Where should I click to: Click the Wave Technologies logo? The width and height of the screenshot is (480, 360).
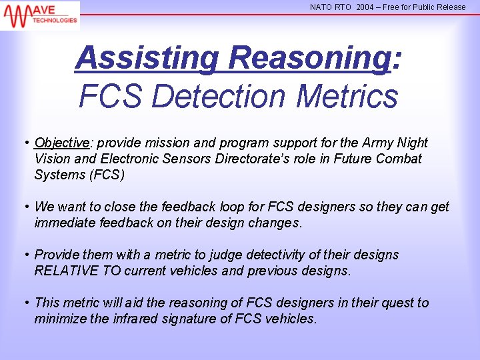(x=40, y=15)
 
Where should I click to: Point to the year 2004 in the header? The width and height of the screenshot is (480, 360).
(x=365, y=7)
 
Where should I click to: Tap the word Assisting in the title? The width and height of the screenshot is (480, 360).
(x=146, y=58)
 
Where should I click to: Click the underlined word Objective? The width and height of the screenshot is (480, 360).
(x=62, y=143)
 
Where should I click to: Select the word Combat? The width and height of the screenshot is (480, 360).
(x=399, y=159)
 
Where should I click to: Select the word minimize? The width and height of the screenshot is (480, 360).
(x=59, y=319)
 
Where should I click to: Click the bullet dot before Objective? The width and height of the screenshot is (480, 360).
(x=26, y=143)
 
